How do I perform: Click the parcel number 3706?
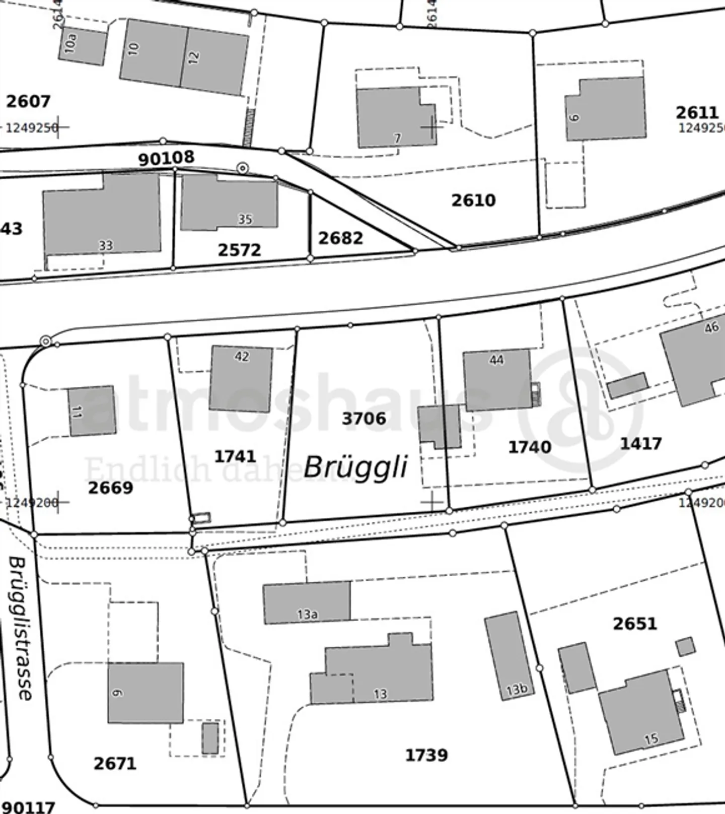pos(364,419)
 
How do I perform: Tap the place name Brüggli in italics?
pos(355,467)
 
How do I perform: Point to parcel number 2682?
pos(340,238)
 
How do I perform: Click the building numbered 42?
pos(241,379)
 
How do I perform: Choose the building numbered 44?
pos(496,380)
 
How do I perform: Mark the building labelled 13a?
pos(307,602)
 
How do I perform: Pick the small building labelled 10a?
pos(82,46)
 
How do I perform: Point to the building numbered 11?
pos(92,411)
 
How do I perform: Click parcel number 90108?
pos(166,158)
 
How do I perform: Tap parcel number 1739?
pos(426,755)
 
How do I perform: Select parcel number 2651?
pos(635,624)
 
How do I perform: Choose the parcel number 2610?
pos(473,200)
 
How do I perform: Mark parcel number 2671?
pos(115,764)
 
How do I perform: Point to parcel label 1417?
pos(640,444)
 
